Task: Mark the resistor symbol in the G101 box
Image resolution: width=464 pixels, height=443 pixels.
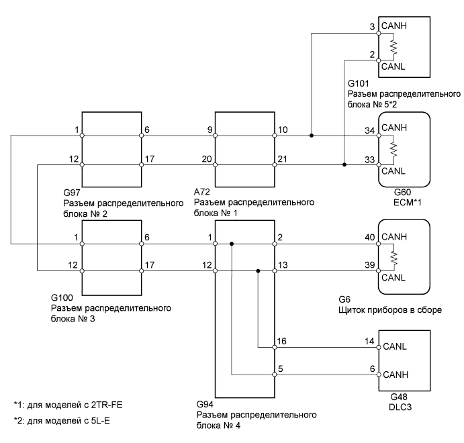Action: pyautogui.click(x=393, y=46)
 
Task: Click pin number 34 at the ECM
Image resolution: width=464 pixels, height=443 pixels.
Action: pyautogui.click(x=368, y=130)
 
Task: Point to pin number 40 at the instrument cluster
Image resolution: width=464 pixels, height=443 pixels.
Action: pyautogui.click(x=368, y=238)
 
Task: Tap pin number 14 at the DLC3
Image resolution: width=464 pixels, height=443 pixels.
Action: pyautogui.click(x=369, y=342)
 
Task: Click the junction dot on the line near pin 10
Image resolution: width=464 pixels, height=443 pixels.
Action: pyautogui.click(x=311, y=136)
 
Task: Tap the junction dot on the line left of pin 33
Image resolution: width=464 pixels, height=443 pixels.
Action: pyautogui.click(x=344, y=164)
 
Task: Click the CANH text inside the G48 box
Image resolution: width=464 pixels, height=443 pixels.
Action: pyautogui.click(x=395, y=373)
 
